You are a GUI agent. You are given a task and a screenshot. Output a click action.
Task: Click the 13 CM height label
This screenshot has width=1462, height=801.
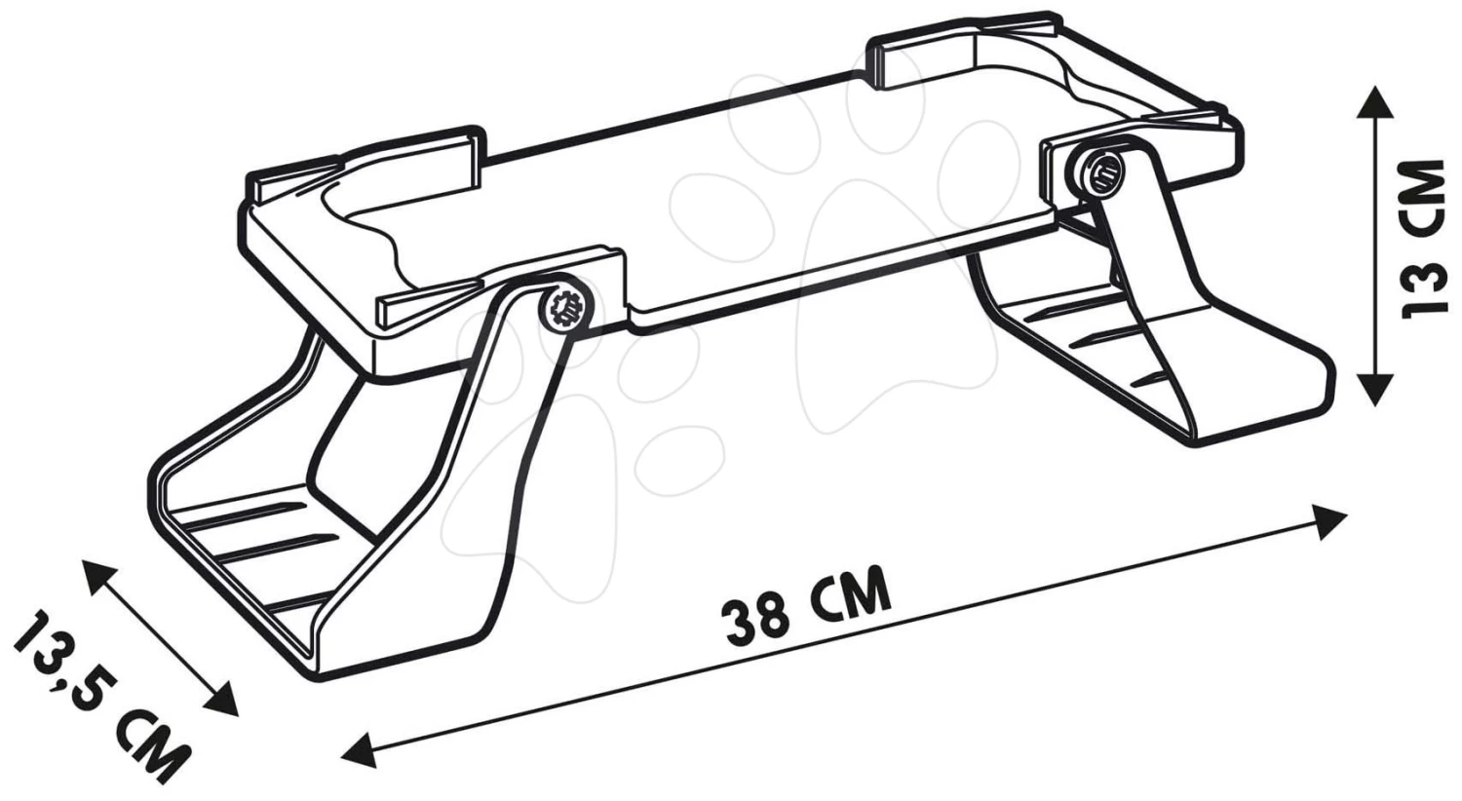(x=1419, y=239)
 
